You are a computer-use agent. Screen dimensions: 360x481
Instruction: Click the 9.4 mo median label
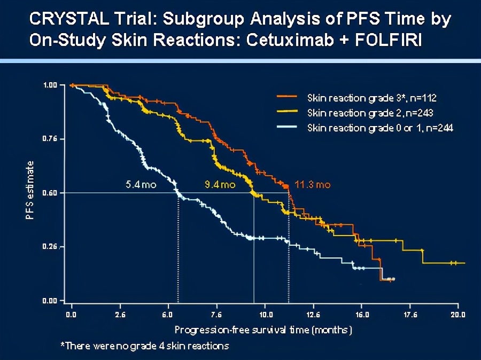pyautogui.click(x=220, y=185)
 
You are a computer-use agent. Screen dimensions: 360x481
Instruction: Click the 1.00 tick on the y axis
pyautogui.click(x=50, y=85)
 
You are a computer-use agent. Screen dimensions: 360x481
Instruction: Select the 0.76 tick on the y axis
pyautogui.click(x=50, y=139)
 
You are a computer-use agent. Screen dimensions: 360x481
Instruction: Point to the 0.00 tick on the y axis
pyautogui.click(x=50, y=301)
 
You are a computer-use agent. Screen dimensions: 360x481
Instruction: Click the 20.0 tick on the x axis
pyautogui.click(x=458, y=314)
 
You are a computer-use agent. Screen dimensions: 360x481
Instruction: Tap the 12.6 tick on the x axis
pyautogui.click(x=313, y=314)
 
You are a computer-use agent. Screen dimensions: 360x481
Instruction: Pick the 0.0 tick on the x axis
pyautogui.click(x=71, y=314)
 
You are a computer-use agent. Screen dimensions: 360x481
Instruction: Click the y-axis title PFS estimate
pyautogui.click(x=30, y=192)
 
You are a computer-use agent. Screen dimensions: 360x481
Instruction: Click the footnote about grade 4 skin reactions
pyautogui.click(x=145, y=346)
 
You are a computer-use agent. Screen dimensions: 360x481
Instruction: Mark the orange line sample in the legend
pyautogui.click(x=286, y=98)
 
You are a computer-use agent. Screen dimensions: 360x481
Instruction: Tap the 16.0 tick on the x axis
pyautogui.click(x=361, y=314)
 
